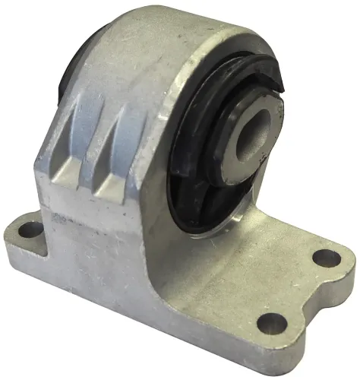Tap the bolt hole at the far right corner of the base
(x=327, y=258)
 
